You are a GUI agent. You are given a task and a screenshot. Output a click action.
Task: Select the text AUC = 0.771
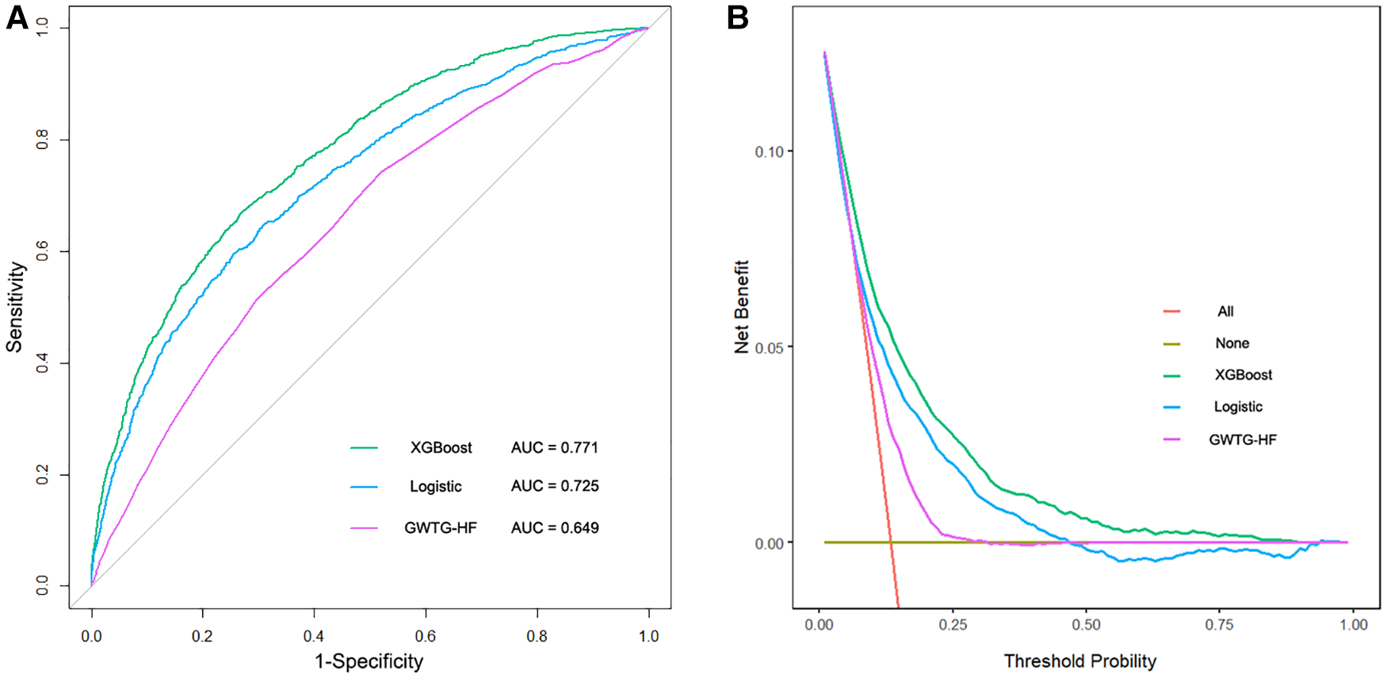point(554,448)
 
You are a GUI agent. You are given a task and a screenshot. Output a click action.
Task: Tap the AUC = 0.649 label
point(554,528)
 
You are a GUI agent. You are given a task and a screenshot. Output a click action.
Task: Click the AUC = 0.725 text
point(554,486)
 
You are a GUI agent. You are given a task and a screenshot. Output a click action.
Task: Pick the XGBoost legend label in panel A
point(441,448)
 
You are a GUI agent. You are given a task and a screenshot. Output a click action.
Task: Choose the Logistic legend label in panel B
point(1238,407)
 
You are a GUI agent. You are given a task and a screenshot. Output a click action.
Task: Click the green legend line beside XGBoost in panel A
point(364,448)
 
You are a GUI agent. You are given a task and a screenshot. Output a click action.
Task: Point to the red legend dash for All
point(1171,312)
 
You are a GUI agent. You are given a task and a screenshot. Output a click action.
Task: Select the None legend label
point(1232,343)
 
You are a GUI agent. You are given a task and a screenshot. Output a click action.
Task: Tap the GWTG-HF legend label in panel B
point(1242,440)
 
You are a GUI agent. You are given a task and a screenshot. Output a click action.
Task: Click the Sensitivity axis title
point(16,308)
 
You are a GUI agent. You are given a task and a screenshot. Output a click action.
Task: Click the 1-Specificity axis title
point(369,661)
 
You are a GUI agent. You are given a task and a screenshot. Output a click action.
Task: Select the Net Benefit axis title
point(742,307)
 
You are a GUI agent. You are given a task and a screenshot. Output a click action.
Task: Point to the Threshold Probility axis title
point(1079,661)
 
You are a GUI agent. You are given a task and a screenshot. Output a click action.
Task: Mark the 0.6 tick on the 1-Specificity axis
point(426,636)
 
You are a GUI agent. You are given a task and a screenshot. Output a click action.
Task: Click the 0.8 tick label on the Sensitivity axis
point(43,140)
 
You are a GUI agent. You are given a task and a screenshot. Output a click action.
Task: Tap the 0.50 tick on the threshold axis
point(1086,625)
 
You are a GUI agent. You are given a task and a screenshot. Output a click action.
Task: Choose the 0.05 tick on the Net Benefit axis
point(769,348)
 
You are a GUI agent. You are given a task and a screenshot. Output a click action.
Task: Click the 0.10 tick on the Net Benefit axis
point(769,151)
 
